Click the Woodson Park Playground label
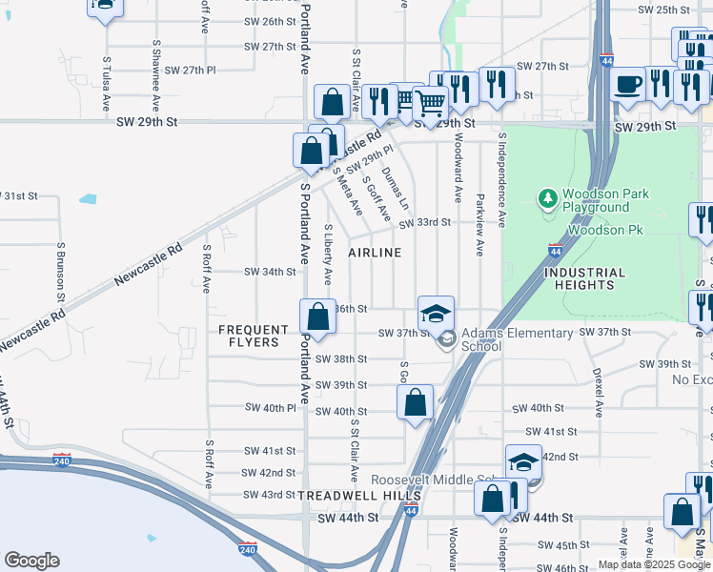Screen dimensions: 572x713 (x=607, y=200)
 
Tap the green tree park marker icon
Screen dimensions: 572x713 (x=548, y=199)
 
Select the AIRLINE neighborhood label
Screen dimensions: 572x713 (x=375, y=253)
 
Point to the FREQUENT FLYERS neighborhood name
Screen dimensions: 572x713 (x=254, y=336)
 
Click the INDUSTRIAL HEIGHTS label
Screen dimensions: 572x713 (x=584, y=278)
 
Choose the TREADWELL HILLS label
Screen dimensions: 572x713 (x=359, y=497)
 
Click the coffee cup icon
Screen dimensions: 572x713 (x=628, y=84)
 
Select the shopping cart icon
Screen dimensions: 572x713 (x=431, y=102)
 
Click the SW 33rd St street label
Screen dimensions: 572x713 (x=424, y=223)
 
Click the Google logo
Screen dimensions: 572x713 (x=31, y=561)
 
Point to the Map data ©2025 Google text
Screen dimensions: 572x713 (x=654, y=564)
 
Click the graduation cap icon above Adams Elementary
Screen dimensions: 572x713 (x=436, y=313)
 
